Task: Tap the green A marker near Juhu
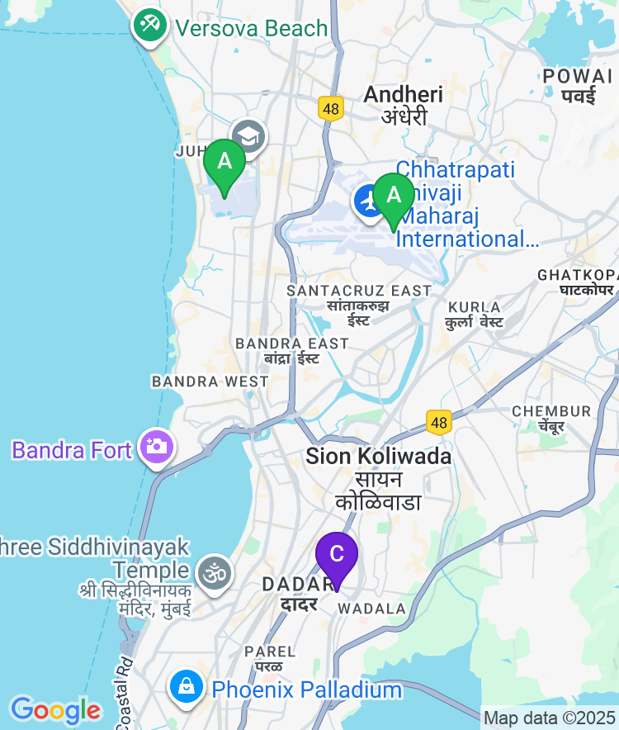click(224, 162)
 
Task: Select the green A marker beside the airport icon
click(394, 196)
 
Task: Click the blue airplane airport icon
click(368, 201)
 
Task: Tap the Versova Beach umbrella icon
click(149, 26)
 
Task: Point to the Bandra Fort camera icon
click(154, 448)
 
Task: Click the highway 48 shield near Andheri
click(331, 108)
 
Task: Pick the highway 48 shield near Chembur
click(438, 422)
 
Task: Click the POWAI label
click(578, 76)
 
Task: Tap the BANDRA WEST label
click(210, 382)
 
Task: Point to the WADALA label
click(372, 609)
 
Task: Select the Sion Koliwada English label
click(378, 455)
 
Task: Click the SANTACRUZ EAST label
click(358, 291)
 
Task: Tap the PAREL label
click(270, 652)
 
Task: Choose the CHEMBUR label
click(551, 410)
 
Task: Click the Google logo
click(54, 709)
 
